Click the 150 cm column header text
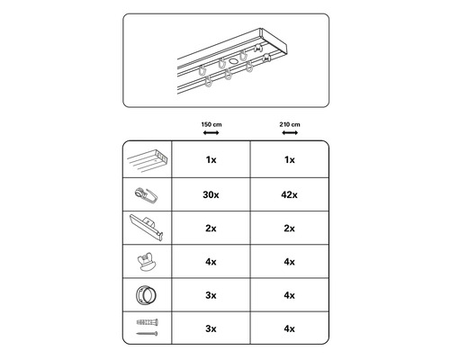click(211, 124)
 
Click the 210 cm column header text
click(290, 124)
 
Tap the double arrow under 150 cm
click(211, 132)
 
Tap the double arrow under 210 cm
click(290, 132)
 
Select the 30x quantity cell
click(211, 195)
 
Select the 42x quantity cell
click(290, 195)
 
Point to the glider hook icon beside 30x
click(147, 195)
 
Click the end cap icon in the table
click(147, 227)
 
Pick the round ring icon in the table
click(146, 295)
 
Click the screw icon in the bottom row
click(147, 333)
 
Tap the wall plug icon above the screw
click(148, 322)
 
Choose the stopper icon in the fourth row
click(147, 262)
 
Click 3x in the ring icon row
click(211, 295)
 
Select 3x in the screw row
click(211, 328)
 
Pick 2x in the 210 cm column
click(290, 229)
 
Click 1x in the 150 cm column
click(211, 160)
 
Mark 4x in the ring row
click(290, 295)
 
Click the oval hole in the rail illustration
click(233, 61)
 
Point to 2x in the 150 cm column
click(211, 229)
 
